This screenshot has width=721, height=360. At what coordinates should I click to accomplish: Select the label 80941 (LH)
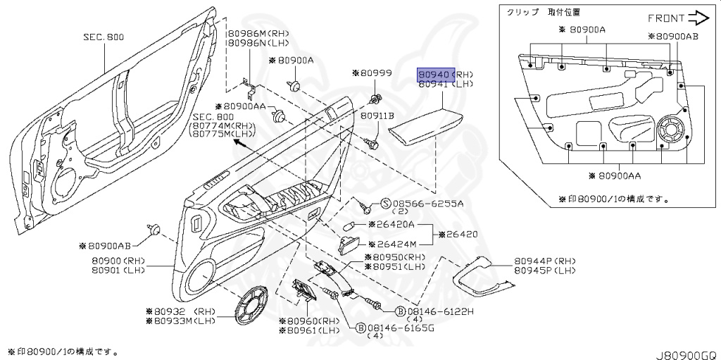click(446, 84)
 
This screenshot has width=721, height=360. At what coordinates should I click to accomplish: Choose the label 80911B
click(377, 115)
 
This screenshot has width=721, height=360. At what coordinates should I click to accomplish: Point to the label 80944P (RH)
click(544, 261)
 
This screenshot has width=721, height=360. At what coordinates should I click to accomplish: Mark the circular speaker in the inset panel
click(672, 132)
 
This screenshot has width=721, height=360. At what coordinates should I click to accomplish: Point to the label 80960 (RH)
click(313, 321)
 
